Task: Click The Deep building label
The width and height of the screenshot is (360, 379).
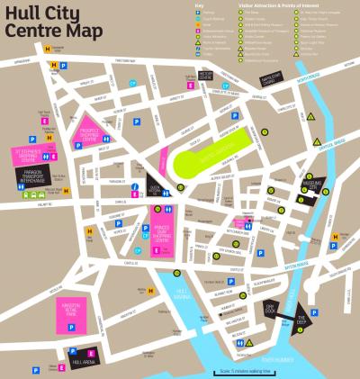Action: pos(302,319)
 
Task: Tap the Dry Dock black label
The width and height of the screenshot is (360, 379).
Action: pos(269,309)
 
